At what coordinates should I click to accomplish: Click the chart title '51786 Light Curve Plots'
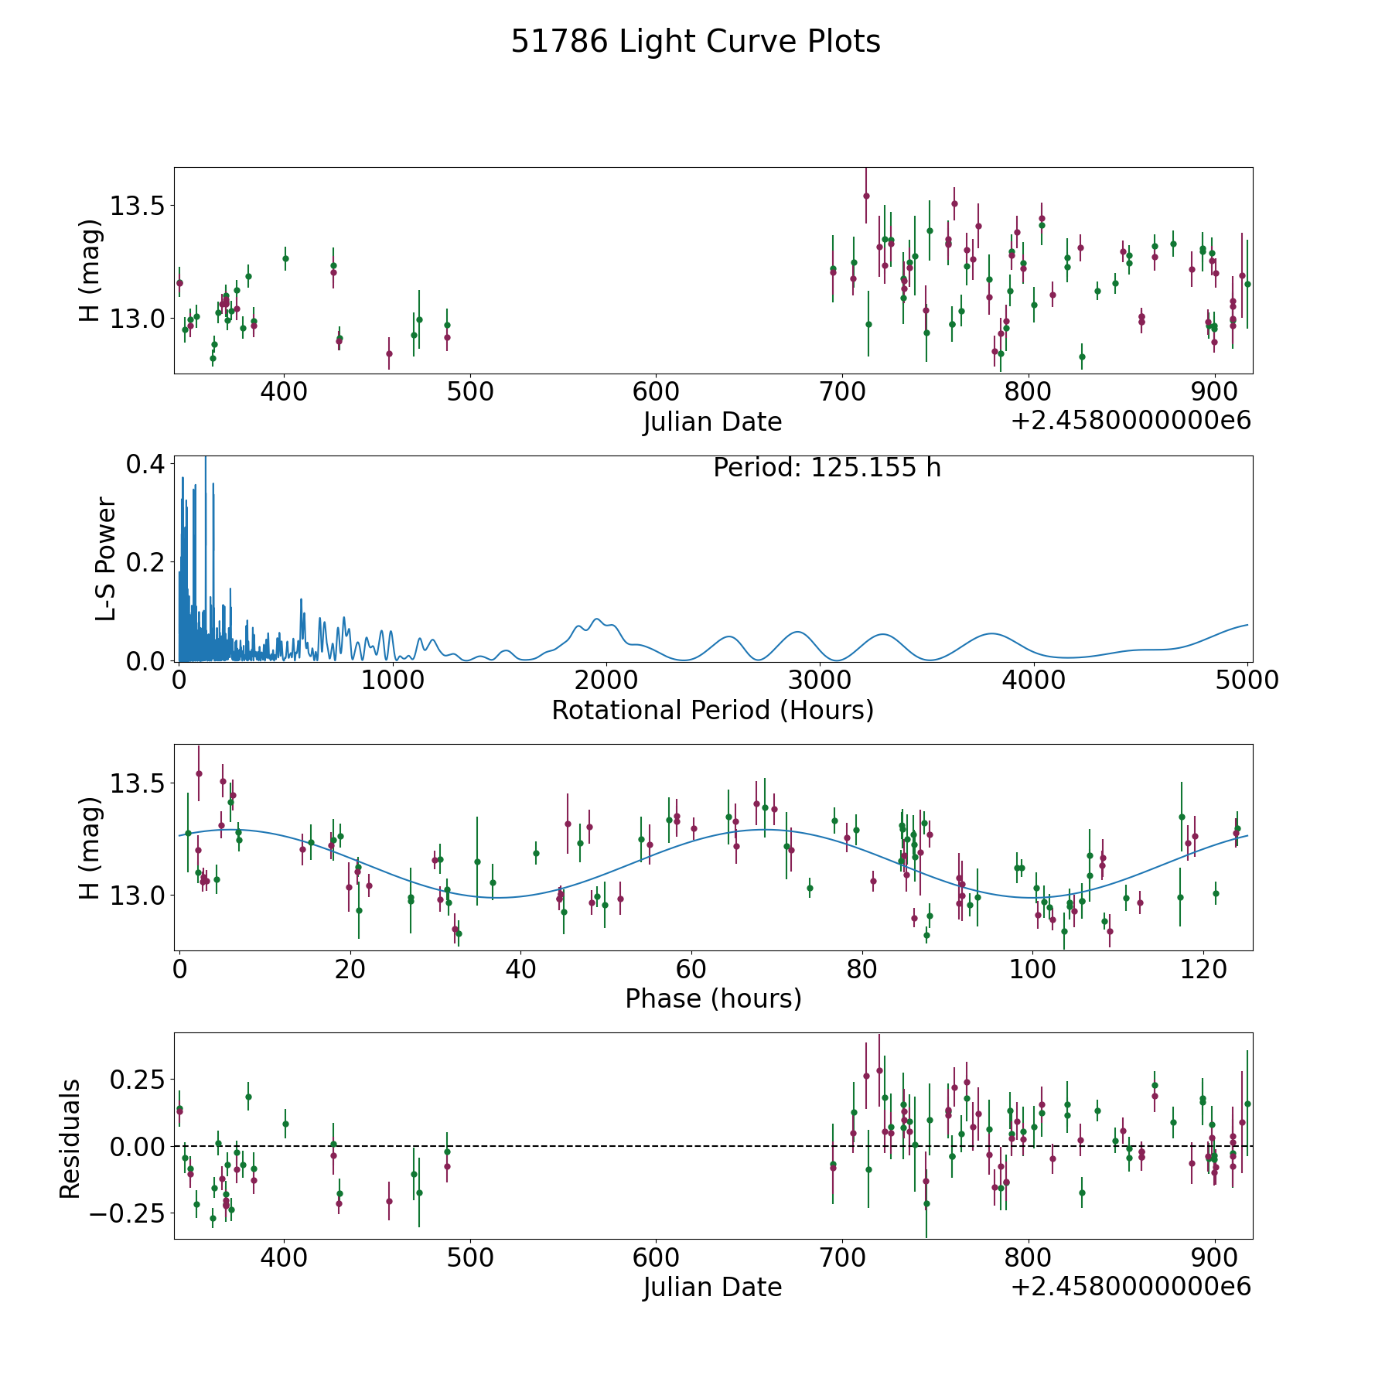[x=695, y=42]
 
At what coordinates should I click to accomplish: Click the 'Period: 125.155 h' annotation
[x=827, y=468]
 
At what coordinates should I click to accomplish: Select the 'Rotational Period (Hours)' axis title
[x=712, y=710]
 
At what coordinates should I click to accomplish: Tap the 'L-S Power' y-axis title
[x=106, y=559]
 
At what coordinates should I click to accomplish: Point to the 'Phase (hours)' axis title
[x=712, y=998]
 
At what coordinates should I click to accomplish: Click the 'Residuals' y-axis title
[x=70, y=1138]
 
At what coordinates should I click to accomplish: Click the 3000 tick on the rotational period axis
[x=820, y=681]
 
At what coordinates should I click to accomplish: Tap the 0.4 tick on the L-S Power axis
[x=145, y=464]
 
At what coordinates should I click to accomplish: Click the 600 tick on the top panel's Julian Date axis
[x=655, y=392]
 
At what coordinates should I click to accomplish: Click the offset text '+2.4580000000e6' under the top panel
[x=1131, y=421]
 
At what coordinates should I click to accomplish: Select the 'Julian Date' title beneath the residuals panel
[x=712, y=1287]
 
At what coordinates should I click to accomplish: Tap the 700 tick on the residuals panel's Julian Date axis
[x=841, y=1258]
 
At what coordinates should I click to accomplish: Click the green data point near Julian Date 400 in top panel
[x=285, y=258]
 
